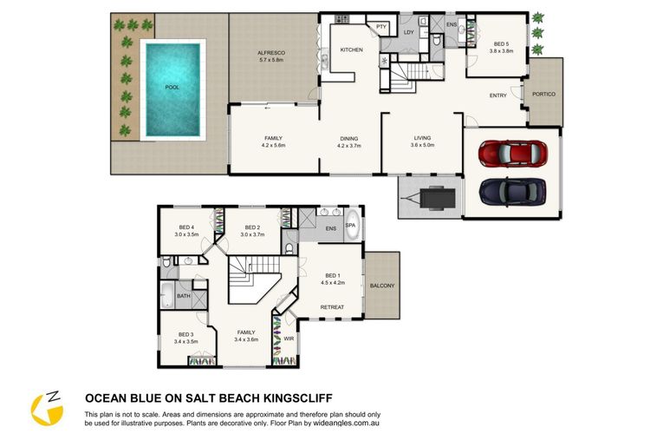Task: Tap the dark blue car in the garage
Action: point(512,192)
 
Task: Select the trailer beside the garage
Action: point(430,197)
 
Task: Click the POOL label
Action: point(172,87)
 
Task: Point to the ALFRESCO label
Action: point(271,53)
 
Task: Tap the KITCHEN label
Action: point(352,49)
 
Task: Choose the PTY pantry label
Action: point(381,27)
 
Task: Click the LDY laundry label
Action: point(409,32)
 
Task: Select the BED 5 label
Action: point(501,44)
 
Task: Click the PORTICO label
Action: point(544,95)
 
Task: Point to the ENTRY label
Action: point(497,95)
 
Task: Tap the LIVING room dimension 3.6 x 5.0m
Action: point(422,145)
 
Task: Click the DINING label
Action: point(349,139)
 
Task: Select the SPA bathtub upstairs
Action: point(353,225)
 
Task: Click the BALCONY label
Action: point(382,286)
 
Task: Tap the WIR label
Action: point(289,339)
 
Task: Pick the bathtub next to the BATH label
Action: point(167,295)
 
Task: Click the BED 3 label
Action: point(186,334)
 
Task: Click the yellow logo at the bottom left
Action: point(47,409)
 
